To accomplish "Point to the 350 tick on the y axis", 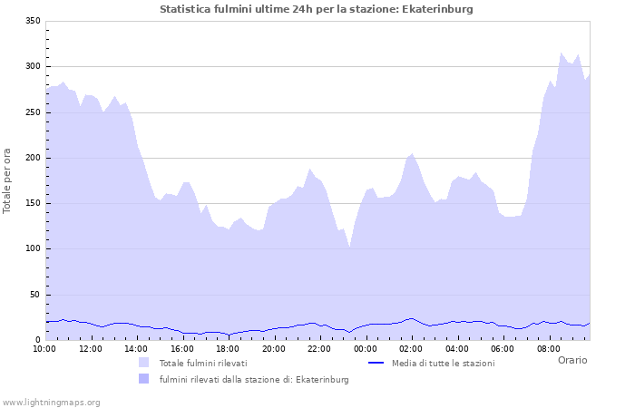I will point(32,21).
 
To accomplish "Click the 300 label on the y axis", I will point(32,67).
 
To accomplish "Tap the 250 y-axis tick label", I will point(32,112).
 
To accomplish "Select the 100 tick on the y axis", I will point(32,249).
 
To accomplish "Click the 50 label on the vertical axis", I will point(34,295).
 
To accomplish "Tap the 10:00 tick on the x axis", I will point(44,348).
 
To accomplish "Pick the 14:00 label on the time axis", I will point(136,348).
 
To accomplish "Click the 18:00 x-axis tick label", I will point(228,348).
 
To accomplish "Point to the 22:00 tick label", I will point(319,348).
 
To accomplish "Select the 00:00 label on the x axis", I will point(366,348).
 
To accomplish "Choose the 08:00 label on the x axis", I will point(549,348).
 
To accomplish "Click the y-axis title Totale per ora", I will point(8,180).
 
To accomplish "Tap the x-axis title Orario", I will point(571,360).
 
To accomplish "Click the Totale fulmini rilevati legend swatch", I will point(143,363).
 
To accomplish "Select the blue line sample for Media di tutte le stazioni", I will point(376,363).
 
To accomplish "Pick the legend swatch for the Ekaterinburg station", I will point(143,379).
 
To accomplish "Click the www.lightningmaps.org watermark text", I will point(52,402).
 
